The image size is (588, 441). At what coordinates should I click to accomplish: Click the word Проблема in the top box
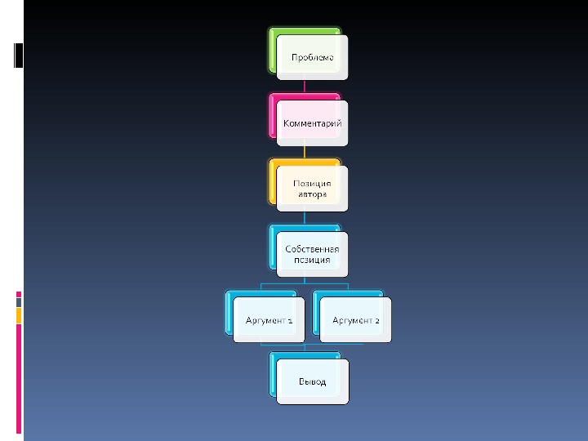(312, 57)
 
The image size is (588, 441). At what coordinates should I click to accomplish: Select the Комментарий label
(312, 123)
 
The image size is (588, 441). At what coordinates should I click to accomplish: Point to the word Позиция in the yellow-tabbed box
(312, 184)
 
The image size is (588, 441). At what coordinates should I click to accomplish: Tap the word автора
(312, 195)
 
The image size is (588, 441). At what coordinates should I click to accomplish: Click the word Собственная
(312, 248)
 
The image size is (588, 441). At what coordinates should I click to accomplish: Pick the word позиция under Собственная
(312, 260)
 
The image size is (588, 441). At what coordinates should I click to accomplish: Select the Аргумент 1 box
(269, 320)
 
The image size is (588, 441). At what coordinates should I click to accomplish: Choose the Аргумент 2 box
(355, 320)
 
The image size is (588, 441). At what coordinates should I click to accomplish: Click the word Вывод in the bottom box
(312, 381)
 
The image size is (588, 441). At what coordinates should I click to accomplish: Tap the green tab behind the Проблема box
(272, 49)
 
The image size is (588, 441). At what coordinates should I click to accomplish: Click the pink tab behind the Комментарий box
(272, 114)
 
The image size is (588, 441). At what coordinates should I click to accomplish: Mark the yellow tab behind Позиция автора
(272, 180)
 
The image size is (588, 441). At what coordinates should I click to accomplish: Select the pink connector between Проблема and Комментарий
(305, 86)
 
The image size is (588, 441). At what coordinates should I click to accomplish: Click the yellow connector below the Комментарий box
(305, 151)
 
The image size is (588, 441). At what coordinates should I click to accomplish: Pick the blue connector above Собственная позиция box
(305, 218)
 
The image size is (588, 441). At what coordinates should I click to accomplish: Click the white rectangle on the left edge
(19, 54)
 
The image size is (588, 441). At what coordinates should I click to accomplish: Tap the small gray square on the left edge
(19, 302)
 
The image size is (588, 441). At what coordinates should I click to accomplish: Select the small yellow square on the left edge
(19, 315)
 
